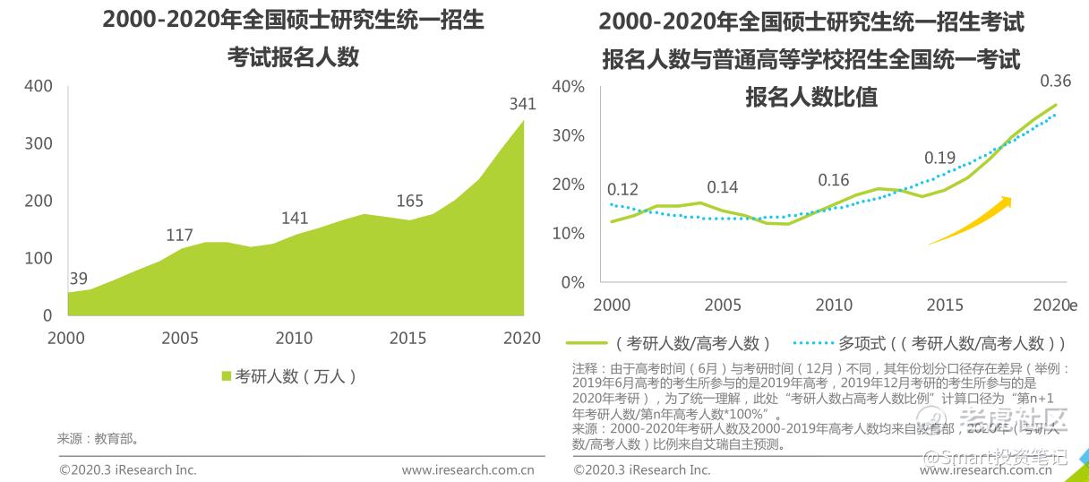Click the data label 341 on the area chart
click(x=522, y=104)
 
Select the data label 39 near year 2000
click(x=78, y=278)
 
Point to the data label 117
click(x=179, y=236)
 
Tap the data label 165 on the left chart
click(x=409, y=201)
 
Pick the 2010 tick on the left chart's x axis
click(x=294, y=338)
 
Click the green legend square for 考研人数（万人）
click(x=227, y=376)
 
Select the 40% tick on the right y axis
click(x=568, y=86)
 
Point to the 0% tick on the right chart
click(x=572, y=282)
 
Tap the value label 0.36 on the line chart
click(x=1055, y=82)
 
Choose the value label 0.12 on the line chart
click(x=622, y=190)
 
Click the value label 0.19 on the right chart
click(x=939, y=159)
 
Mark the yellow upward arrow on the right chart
click(x=971, y=220)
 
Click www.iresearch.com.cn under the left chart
click(x=467, y=469)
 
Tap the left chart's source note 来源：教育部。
click(x=98, y=439)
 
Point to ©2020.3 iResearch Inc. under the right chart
click(x=641, y=469)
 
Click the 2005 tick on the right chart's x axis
click(x=723, y=305)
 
